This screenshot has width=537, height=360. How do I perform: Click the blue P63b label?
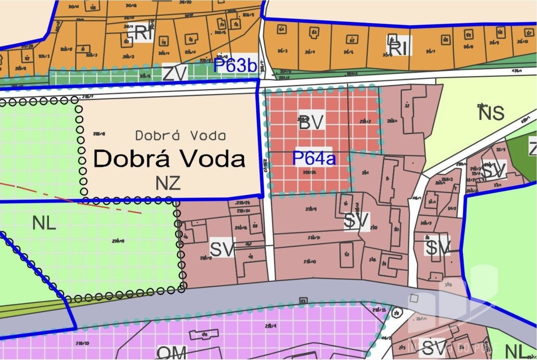(235, 65)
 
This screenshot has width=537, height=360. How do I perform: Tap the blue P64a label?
(314, 158)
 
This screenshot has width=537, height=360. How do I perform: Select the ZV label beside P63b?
(175, 74)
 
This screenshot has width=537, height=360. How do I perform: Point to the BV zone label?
(311, 122)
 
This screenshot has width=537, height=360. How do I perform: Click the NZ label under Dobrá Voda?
(168, 183)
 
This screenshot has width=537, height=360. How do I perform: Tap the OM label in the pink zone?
(172, 353)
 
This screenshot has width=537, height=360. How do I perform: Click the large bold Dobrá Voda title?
(169, 159)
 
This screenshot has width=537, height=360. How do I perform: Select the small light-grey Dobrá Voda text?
(180, 136)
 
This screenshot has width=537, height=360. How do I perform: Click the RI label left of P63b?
(143, 34)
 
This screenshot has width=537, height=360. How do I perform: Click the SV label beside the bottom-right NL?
(434, 348)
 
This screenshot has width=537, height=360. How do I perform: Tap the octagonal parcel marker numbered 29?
(397, 313)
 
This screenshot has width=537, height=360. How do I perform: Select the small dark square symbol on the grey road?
(303, 301)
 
